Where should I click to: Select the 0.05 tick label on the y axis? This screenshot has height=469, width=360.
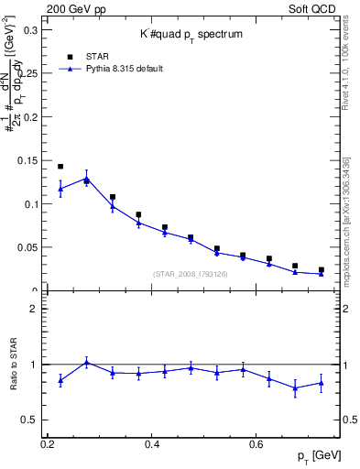(x=29, y=247)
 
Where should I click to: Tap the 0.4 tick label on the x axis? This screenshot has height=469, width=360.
(x=153, y=444)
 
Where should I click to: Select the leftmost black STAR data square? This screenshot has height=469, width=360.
(x=60, y=167)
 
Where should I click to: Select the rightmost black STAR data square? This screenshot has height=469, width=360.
(x=321, y=270)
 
